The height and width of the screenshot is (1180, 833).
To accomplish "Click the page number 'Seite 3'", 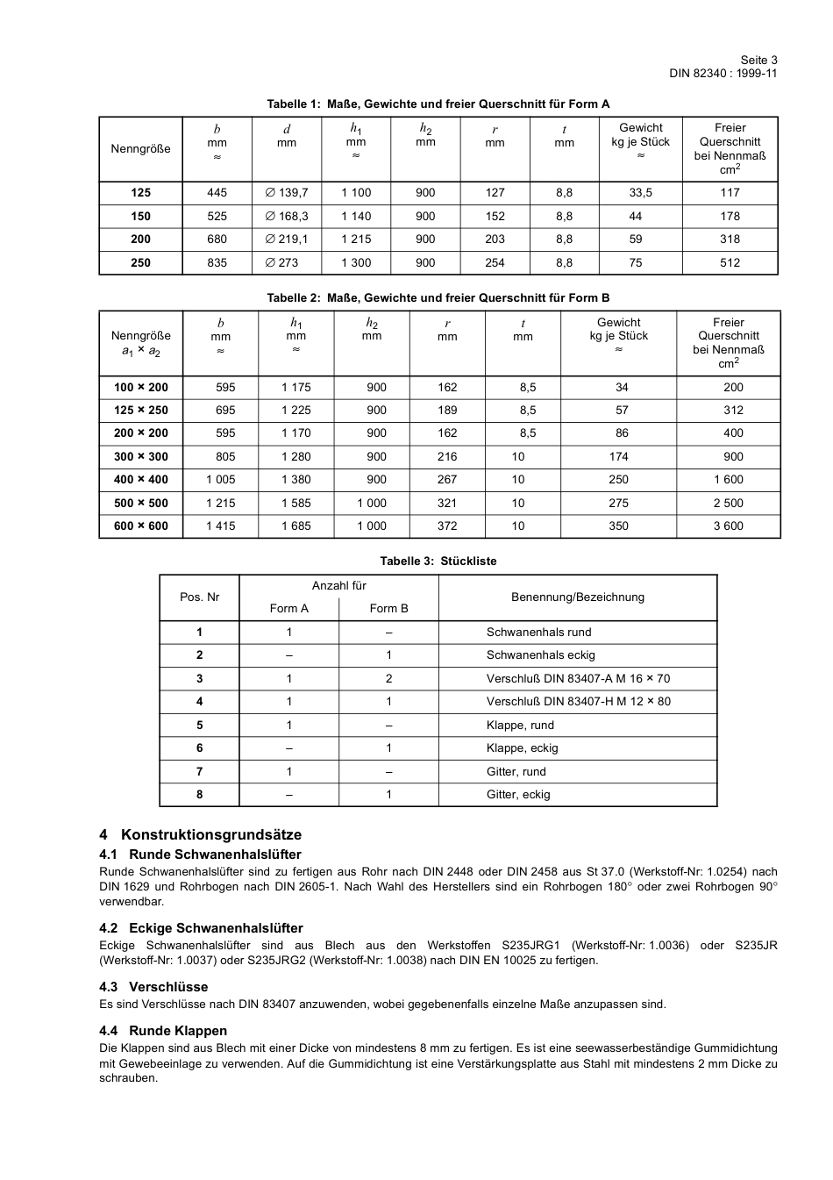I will tap(758, 60).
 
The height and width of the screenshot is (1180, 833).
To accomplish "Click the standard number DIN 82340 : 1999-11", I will tap(723, 73).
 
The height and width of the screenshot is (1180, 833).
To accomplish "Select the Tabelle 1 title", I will tap(438, 104).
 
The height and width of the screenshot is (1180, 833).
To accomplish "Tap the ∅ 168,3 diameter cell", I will tap(287, 216).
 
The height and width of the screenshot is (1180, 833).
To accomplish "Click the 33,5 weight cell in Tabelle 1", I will tap(640, 192).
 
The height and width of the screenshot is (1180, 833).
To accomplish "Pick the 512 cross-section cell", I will tap(730, 262).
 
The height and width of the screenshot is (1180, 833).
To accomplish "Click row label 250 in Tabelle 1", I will tap(140, 262).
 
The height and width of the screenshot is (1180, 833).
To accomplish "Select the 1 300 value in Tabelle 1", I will tap(356, 262).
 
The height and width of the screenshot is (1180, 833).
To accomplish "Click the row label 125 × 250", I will tap(140, 410).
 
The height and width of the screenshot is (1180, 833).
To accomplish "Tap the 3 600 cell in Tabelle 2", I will tap(728, 526).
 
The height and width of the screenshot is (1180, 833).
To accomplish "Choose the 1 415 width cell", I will tap(221, 526).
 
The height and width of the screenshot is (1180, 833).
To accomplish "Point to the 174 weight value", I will tap(618, 456).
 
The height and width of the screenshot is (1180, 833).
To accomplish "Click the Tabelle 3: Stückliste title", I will tap(438, 561).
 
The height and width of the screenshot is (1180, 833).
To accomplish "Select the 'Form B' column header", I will tap(388, 608).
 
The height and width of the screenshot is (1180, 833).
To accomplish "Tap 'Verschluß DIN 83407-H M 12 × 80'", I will tap(578, 701).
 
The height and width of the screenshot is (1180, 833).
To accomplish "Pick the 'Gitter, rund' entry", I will tap(516, 771).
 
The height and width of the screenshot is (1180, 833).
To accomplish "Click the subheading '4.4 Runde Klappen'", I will tap(163, 1030).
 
